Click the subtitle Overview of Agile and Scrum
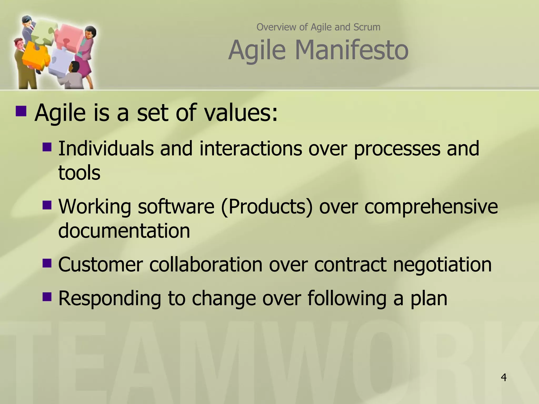[x=318, y=27]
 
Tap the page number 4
[x=503, y=377]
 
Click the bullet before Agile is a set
[x=21, y=111]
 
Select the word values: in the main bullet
[x=241, y=113]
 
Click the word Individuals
[x=106, y=149]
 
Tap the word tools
[x=79, y=173]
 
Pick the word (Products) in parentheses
[x=267, y=206]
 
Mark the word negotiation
[x=442, y=264]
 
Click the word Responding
[x=109, y=299]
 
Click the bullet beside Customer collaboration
[x=47, y=263]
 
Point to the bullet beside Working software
[x=47, y=205]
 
